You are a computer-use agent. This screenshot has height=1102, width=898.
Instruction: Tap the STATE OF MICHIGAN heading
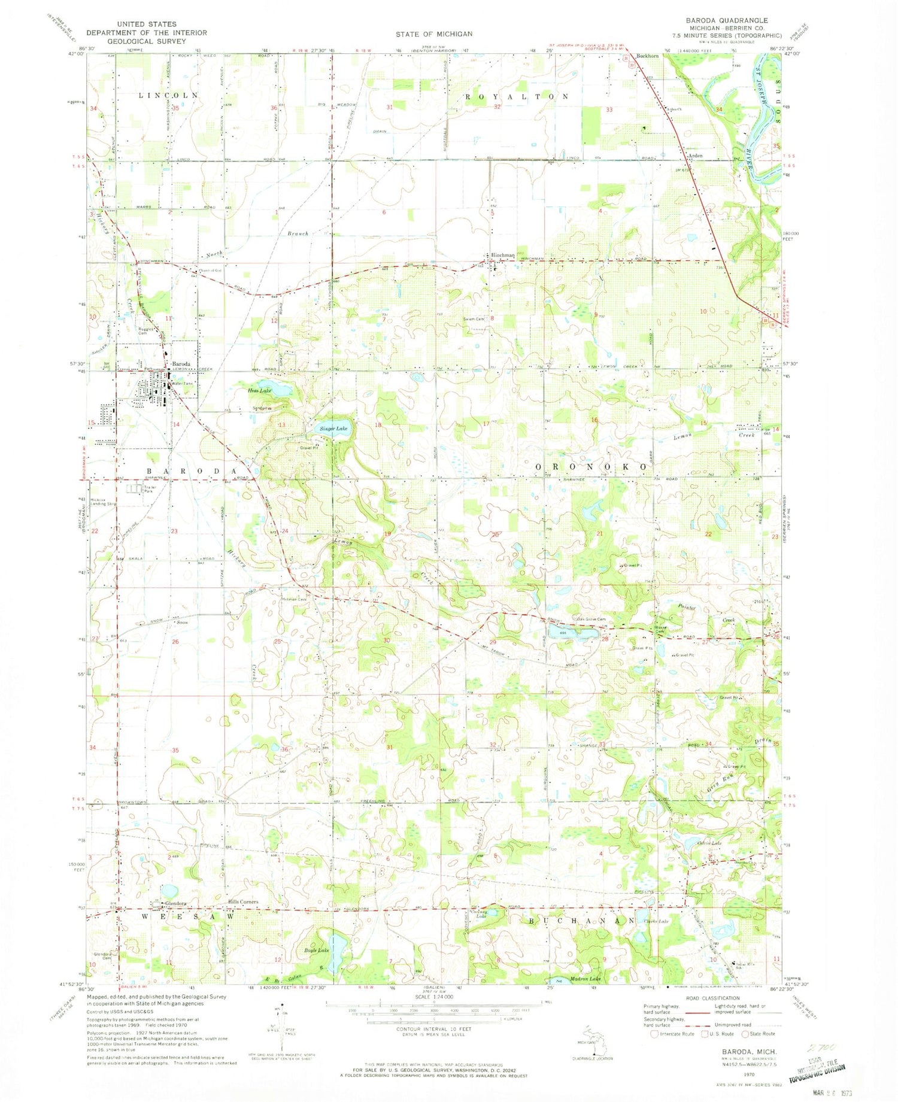click(433, 34)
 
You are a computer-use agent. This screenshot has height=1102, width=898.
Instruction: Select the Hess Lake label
click(260, 390)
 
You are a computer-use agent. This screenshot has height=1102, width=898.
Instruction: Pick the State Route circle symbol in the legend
click(745, 1034)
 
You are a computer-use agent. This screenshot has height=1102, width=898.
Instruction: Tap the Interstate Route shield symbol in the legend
click(654, 1034)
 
